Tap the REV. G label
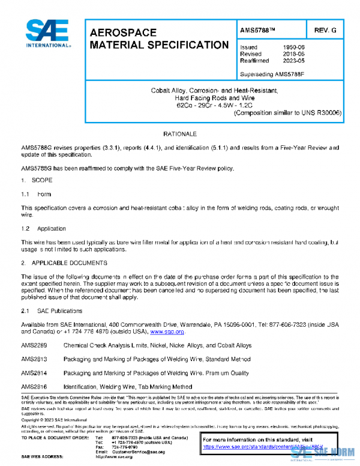[325, 30]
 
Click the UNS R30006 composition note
[280, 112]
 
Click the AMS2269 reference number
[34, 345]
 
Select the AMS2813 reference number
[34, 359]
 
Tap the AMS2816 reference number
[34, 386]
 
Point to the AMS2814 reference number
[34, 373]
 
